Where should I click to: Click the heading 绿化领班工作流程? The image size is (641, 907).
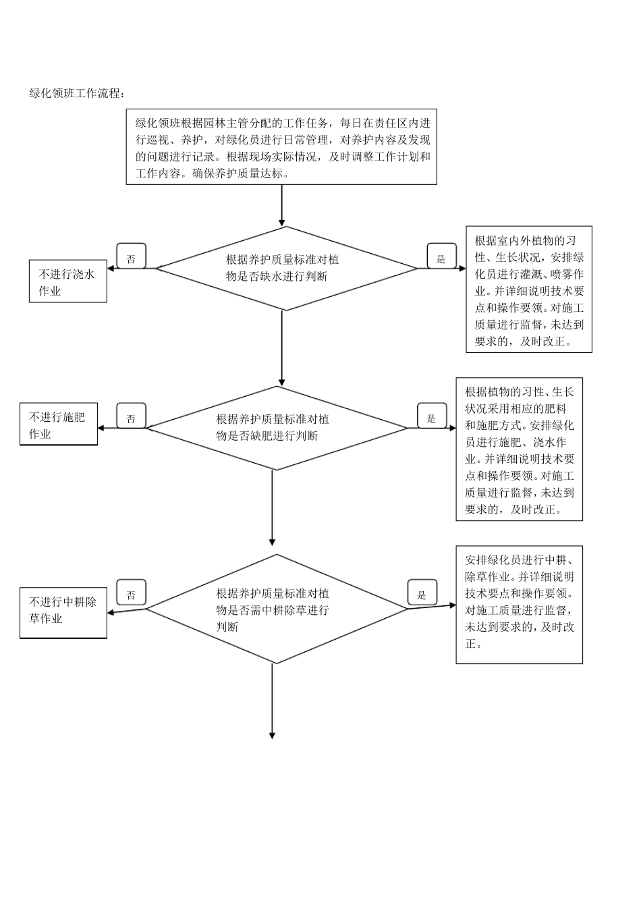click(76, 93)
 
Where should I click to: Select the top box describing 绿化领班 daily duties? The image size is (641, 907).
click(281, 147)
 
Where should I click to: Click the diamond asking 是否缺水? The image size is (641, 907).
click(286, 269)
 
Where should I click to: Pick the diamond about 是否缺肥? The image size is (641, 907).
click(277, 428)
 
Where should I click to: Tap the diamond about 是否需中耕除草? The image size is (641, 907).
click(277, 609)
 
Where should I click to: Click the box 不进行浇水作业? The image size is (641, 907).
click(68, 282)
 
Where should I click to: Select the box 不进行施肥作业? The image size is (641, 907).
click(59, 425)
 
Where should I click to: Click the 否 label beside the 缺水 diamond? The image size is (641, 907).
click(131, 258)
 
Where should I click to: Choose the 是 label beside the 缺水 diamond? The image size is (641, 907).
click(441, 258)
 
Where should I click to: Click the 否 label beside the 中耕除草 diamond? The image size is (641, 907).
click(131, 594)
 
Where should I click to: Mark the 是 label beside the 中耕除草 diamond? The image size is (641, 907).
click(422, 594)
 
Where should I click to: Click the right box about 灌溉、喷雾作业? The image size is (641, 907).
click(529, 290)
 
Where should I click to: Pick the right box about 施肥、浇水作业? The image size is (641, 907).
click(519, 449)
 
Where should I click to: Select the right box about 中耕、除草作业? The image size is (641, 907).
click(519, 605)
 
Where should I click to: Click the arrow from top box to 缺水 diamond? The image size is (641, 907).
click(282, 205)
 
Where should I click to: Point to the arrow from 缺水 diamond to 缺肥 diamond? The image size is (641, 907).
click(282, 348)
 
